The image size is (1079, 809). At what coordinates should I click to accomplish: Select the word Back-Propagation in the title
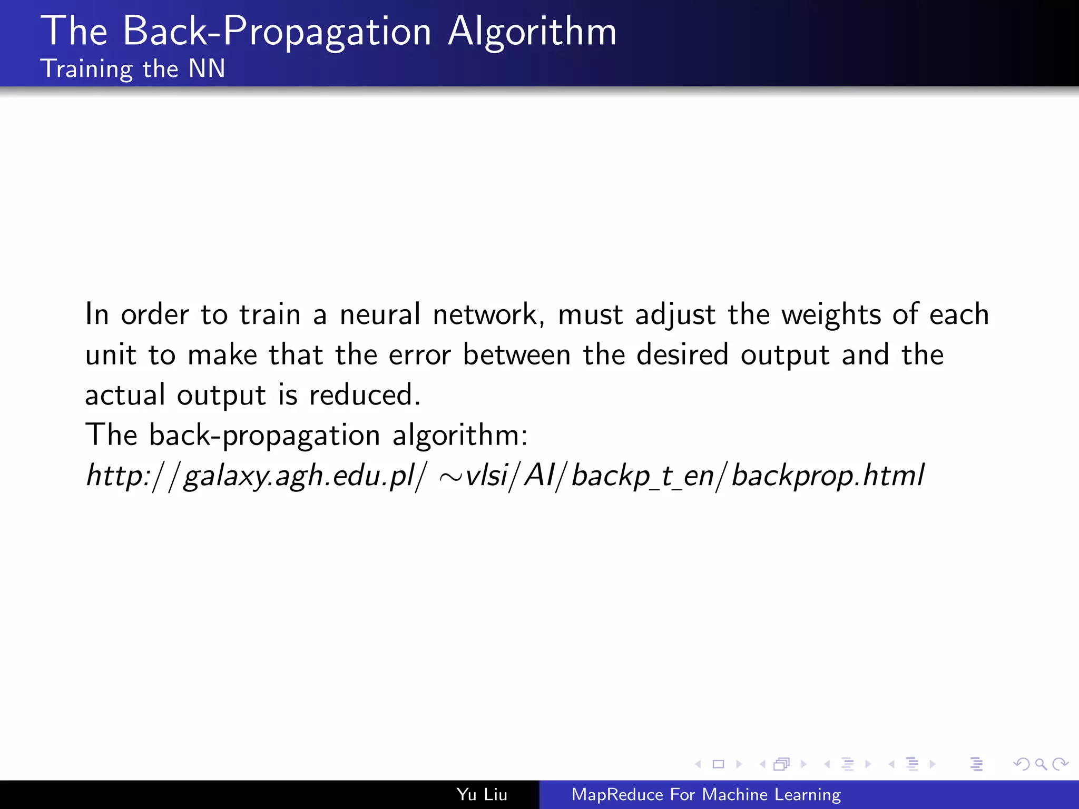277,32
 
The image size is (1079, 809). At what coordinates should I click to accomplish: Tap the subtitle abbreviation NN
207,69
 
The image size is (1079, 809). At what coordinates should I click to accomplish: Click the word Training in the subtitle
87,70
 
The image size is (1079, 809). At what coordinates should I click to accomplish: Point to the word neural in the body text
380,314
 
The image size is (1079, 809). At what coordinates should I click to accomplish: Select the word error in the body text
419,355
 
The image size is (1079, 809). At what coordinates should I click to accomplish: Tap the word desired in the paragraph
682,354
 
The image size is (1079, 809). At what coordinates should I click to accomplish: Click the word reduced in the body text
364,395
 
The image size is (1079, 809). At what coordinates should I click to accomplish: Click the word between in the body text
517,354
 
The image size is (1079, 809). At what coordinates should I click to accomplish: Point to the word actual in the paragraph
125,395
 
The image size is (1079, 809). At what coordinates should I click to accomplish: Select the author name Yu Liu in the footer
482,794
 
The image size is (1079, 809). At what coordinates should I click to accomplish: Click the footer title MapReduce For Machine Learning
706,794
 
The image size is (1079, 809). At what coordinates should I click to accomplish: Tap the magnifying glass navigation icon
1041,764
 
